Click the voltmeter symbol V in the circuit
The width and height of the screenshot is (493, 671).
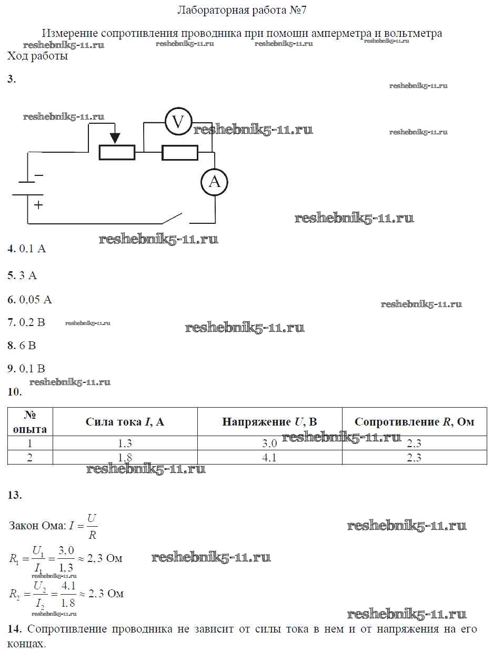click(178, 122)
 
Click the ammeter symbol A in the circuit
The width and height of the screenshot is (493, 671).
click(214, 182)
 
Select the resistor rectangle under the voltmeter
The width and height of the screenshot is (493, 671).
click(180, 153)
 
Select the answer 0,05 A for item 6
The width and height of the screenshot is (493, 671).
click(36, 300)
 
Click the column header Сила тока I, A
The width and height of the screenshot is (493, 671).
click(125, 421)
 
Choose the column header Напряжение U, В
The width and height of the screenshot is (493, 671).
click(269, 421)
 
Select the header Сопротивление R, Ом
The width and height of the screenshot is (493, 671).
click(414, 421)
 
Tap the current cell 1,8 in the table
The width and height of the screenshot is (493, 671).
click(125, 458)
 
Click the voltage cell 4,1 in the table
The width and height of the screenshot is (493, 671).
click(269, 458)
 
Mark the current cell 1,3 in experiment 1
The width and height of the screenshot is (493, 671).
click(125, 444)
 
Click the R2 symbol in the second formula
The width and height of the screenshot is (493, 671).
click(15, 594)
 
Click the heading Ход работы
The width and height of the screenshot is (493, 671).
click(37, 56)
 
